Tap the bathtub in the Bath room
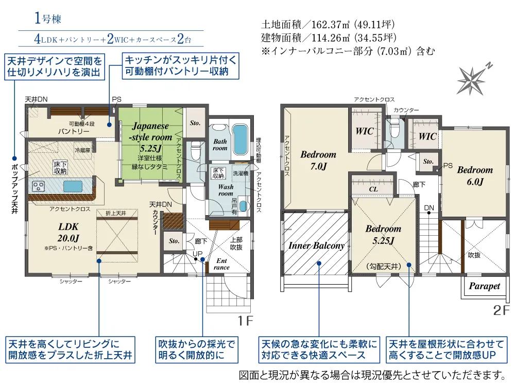(239, 139)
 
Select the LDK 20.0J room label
(68, 232)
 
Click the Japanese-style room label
(150, 131)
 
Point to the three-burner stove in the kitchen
(39, 186)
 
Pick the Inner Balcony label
(316, 245)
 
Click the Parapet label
(485, 286)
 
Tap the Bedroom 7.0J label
(318, 160)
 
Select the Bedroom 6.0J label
(475, 176)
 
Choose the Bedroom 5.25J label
(383, 234)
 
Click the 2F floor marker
(501, 310)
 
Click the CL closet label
(373, 189)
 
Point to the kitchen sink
(73, 186)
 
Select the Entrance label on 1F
(221, 264)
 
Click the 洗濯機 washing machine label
(241, 173)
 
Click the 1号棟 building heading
(48, 19)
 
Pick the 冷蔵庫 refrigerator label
(82, 150)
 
